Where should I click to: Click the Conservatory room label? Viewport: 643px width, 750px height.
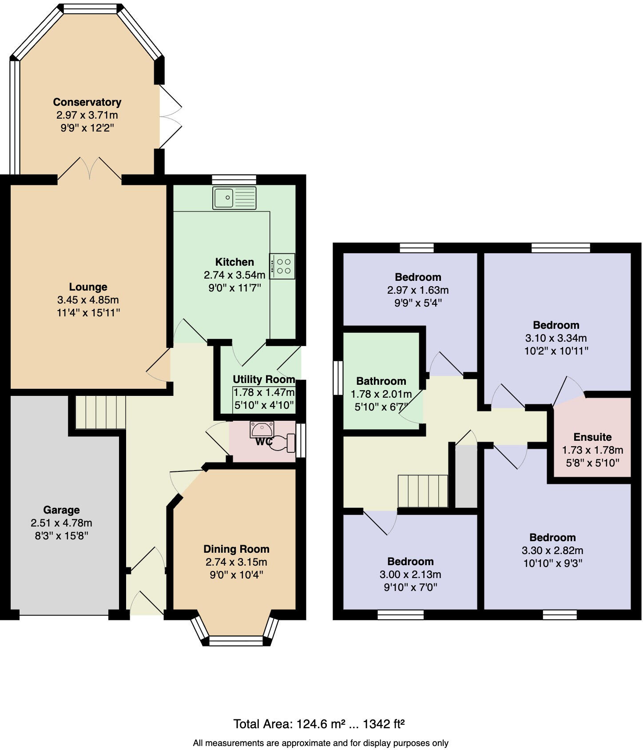tap(87, 102)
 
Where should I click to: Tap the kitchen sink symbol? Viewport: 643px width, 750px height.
tap(234, 198)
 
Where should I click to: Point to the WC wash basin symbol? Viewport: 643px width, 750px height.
tap(262, 429)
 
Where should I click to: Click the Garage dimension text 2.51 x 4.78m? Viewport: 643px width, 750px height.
tap(61, 523)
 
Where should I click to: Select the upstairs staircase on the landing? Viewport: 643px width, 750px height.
tap(422, 491)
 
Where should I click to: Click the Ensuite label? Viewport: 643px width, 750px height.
tap(592, 437)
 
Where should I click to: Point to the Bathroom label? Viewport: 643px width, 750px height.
tap(381, 381)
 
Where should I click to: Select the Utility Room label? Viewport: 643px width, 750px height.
tap(264, 379)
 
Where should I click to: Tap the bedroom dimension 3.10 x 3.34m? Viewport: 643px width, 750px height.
tap(556, 338)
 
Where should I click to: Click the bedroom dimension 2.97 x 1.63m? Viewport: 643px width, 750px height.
tap(418, 290)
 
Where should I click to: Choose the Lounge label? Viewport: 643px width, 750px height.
tap(88, 287)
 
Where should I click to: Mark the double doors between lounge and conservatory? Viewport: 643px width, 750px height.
tap(90, 169)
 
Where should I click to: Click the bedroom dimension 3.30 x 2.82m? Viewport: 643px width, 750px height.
tap(552, 551)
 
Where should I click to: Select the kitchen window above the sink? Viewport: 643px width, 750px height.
tap(234, 179)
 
